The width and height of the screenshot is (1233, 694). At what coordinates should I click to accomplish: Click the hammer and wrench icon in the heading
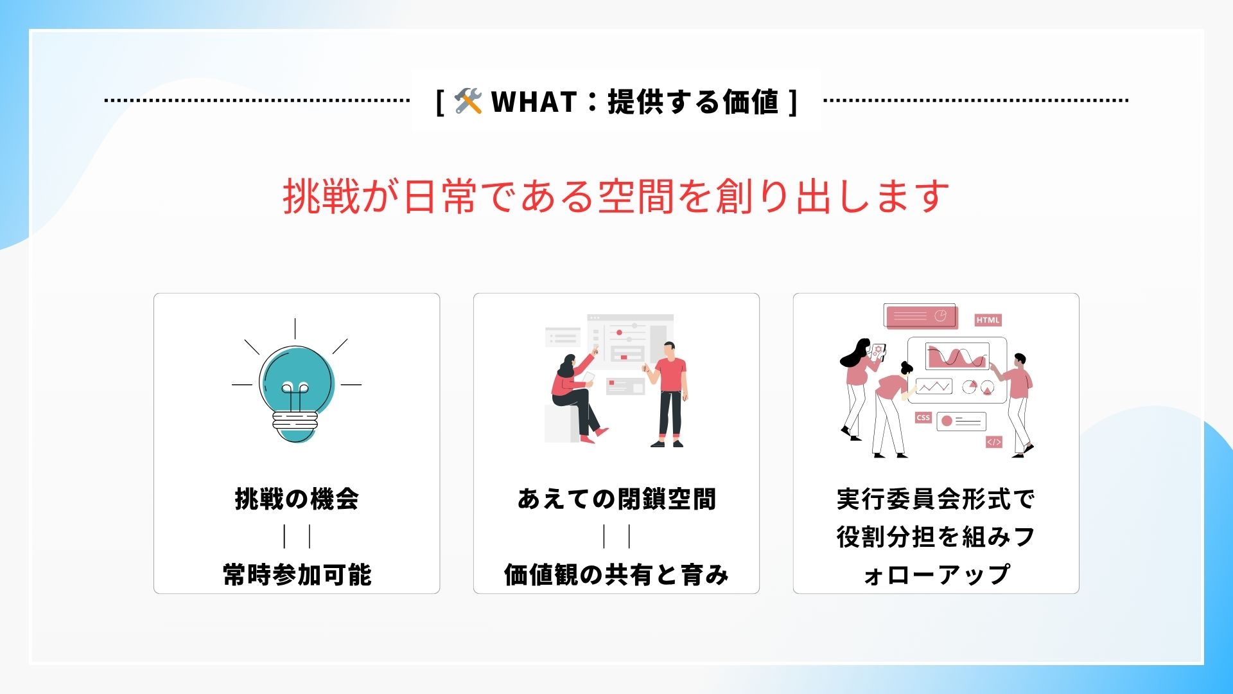click(x=468, y=102)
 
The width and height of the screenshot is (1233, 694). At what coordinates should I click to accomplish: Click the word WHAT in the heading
click(x=534, y=102)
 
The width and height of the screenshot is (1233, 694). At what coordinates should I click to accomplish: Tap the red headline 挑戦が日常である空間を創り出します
click(x=616, y=196)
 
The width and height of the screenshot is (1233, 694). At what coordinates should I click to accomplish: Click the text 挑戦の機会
click(x=297, y=499)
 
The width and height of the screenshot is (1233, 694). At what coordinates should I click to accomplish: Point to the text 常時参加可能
click(x=297, y=574)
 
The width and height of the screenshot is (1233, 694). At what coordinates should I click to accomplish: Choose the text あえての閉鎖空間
click(x=616, y=499)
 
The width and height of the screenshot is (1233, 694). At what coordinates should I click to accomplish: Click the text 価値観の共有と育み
click(x=616, y=574)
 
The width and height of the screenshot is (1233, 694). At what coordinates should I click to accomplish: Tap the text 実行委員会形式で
click(x=936, y=499)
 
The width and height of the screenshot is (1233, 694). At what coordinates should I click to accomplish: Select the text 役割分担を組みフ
click(x=936, y=537)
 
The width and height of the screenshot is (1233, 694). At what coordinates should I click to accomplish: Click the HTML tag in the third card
click(x=988, y=320)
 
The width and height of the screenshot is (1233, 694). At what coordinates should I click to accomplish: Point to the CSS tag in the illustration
click(x=923, y=417)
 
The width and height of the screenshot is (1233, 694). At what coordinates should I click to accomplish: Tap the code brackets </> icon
click(x=993, y=442)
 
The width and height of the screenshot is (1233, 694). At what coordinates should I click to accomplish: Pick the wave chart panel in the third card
click(x=957, y=356)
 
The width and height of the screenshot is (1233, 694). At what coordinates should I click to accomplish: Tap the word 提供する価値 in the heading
click(x=693, y=102)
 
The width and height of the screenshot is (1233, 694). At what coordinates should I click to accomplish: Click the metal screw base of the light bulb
click(x=295, y=422)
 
